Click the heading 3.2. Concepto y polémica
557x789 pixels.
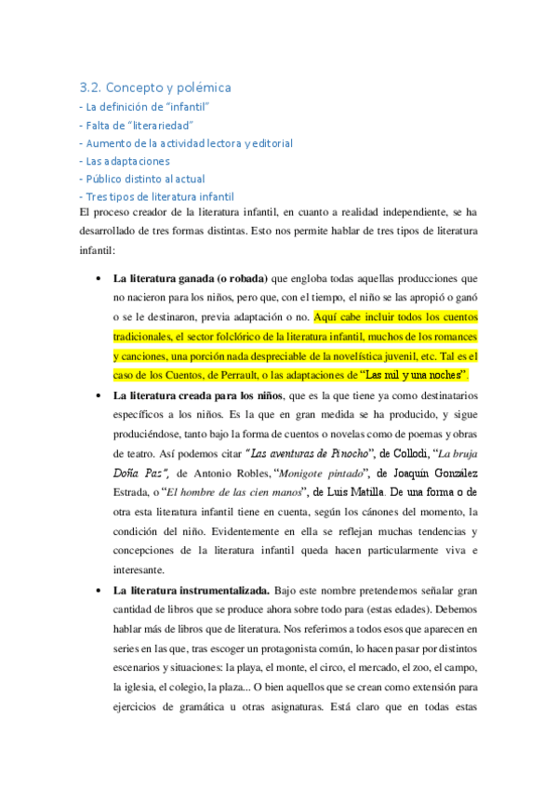154,87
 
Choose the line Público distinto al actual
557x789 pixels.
143,179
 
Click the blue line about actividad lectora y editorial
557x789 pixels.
187,143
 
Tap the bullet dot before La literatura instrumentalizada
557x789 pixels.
99,591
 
